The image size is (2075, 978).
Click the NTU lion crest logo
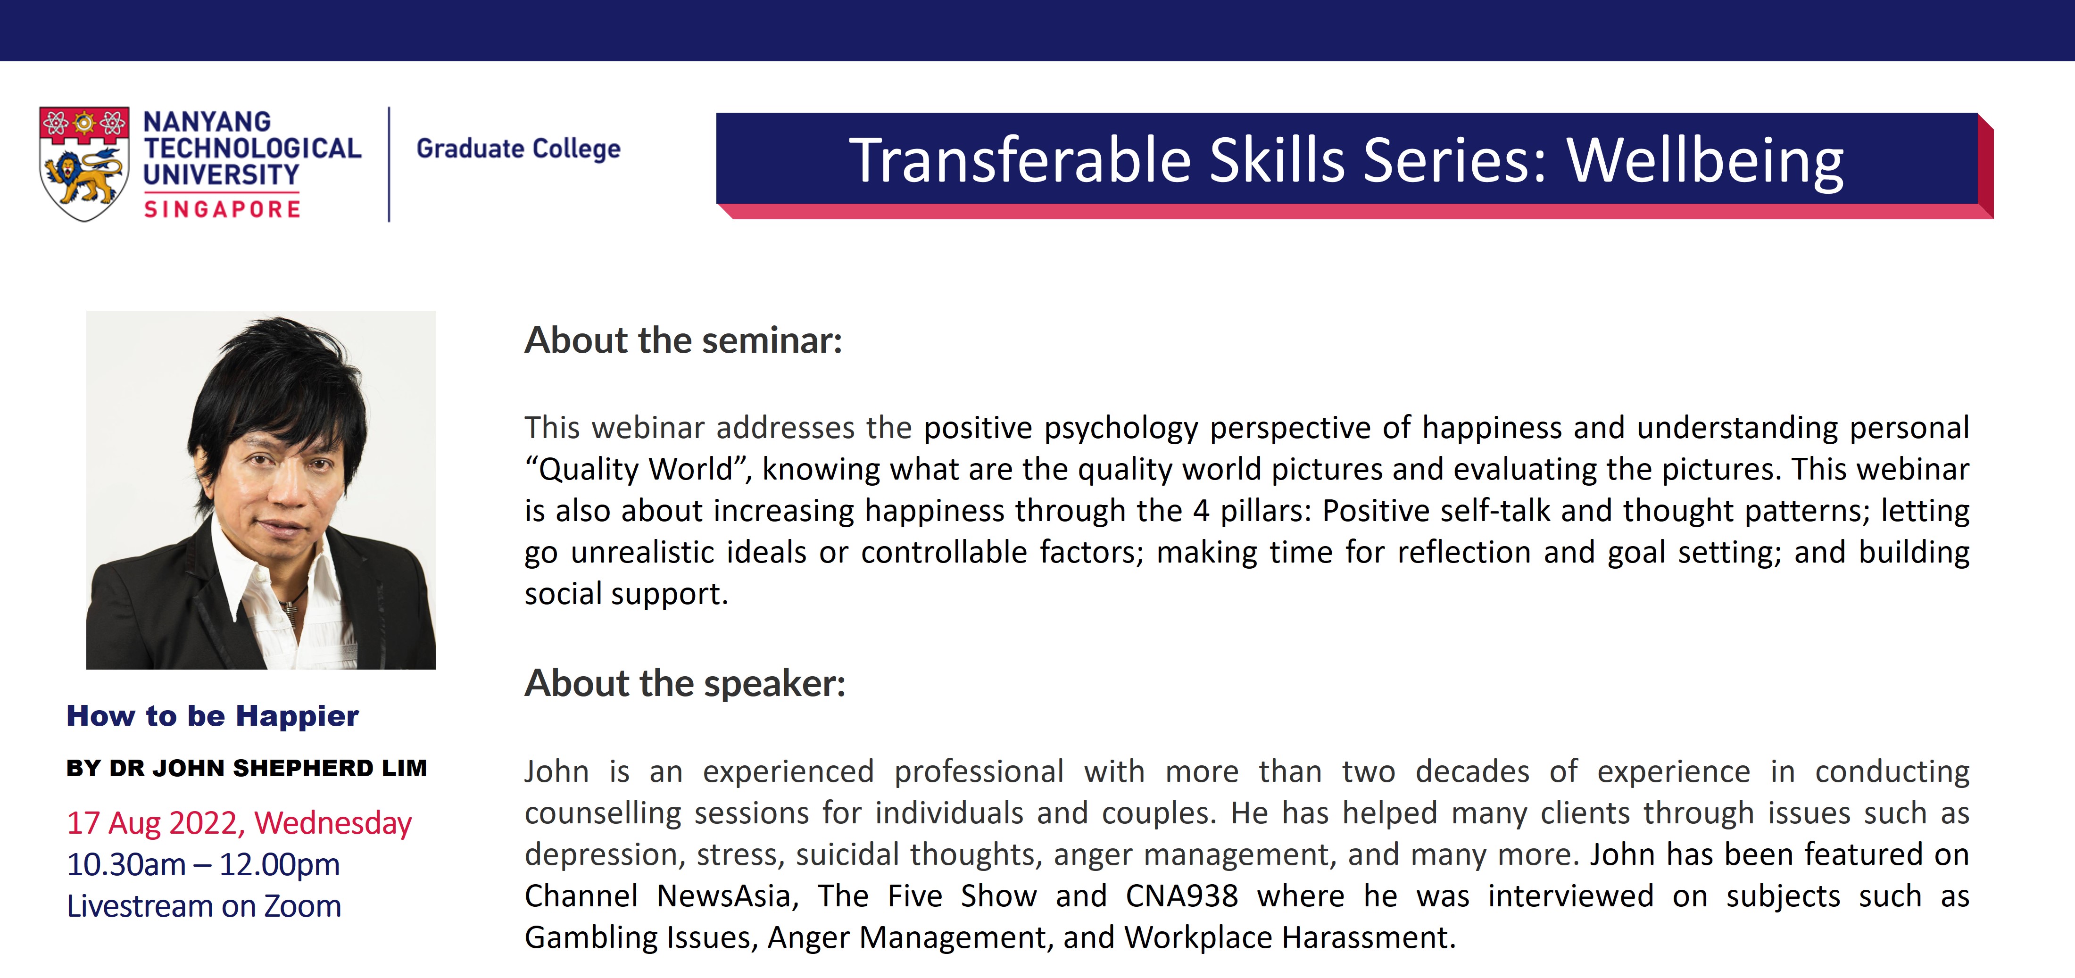[84, 164]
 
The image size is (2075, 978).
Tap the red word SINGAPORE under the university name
[222, 209]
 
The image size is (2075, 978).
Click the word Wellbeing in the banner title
[1705, 160]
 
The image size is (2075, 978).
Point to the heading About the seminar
[683, 340]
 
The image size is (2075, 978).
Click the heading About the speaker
[685, 683]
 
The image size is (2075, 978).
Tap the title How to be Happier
[213, 715]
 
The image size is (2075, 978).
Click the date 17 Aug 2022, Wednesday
[239, 822]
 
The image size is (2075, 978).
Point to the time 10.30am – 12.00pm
[203, 864]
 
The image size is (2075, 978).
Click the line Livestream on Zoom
[204, 906]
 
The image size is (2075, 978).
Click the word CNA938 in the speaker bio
[1182, 896]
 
